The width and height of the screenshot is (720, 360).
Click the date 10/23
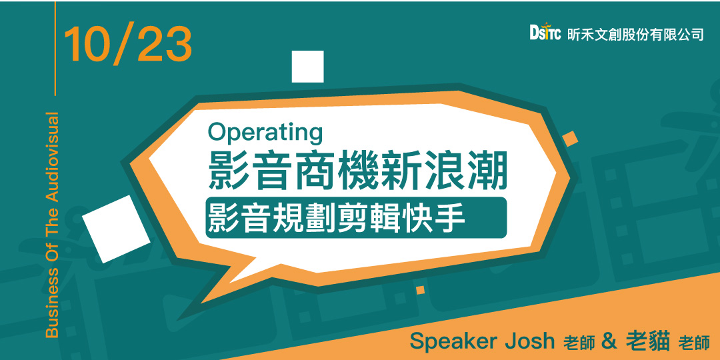(x=128, y=45)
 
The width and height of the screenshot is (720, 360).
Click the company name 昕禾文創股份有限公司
(x=635, y=35)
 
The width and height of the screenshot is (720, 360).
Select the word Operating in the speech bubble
(x=265, y=133)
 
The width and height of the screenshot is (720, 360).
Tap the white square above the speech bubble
(x=307, y=67)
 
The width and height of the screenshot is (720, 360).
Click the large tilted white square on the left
(x=116, y=229)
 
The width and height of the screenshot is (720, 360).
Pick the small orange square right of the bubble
(x=570, y=139)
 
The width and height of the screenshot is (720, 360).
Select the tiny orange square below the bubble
(x=420, y=290)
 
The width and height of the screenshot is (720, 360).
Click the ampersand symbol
(x=607, y=341)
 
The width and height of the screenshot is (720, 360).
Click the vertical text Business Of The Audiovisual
(x=53, y=225)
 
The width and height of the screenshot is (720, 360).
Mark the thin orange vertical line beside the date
(x=55, y=48)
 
